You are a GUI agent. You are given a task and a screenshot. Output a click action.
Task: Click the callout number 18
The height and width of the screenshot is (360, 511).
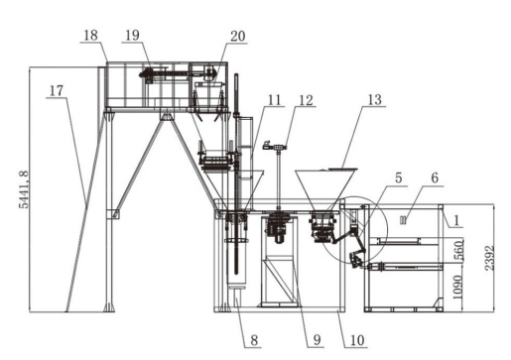coord(91,35)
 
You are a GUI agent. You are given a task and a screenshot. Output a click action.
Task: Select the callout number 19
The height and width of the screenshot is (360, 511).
coord(133,35)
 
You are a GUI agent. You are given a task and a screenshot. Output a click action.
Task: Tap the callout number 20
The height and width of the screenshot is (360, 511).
coord(238,36)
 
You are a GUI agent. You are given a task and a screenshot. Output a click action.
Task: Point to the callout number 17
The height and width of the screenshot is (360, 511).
coord(57,90)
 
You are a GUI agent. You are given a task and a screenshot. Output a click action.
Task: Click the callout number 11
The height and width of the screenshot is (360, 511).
coord(274,99)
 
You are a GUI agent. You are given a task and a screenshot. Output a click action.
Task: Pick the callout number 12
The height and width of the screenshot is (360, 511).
coord(306,100)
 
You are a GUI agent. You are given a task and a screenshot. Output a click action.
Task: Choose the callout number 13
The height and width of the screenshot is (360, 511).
coord(374,100)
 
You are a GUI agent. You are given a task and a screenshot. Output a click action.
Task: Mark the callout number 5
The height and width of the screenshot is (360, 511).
coord(399,179)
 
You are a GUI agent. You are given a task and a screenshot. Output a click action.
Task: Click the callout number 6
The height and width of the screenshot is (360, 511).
coord(435,179)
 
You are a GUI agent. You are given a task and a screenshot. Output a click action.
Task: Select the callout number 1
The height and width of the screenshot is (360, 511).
coord(456,220)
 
